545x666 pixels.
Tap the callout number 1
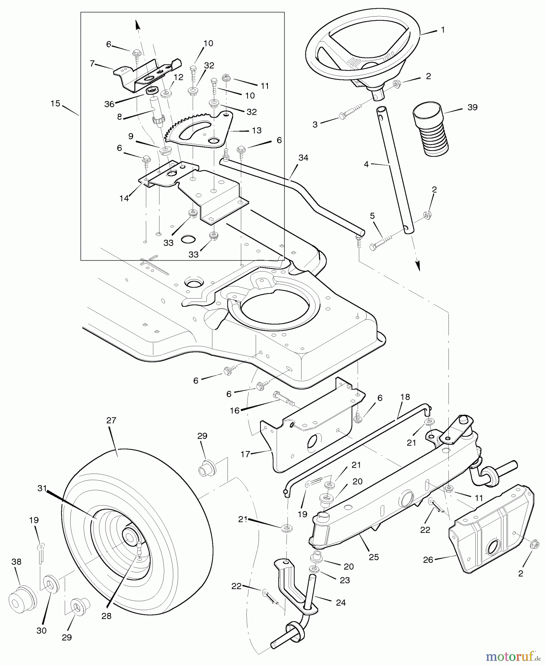tap(443, 30)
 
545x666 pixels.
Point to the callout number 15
tap(55, 104)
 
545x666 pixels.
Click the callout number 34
tap(303, 158)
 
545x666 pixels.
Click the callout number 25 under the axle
tap(374, 557)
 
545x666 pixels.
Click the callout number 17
tap(245, 454)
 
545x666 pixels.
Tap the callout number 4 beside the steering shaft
tap(366, 164)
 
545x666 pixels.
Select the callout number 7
tap(92, 64)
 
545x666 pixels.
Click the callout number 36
tap(109, 104)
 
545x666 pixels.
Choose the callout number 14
tap(124, 198)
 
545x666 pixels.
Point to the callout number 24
tap(341, 603)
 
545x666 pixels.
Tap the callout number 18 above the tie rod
tap(405, 397)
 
